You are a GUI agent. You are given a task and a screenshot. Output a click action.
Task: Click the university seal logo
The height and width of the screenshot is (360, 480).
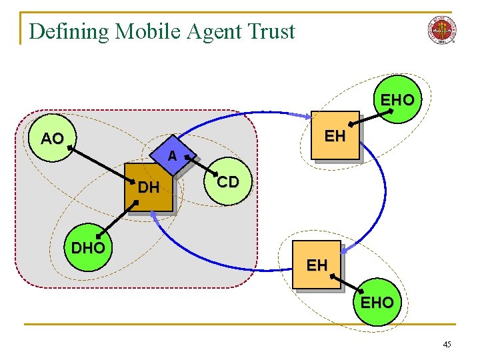[x=441, y=31]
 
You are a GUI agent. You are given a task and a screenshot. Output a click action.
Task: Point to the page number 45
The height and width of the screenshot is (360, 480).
[x=446, y=344]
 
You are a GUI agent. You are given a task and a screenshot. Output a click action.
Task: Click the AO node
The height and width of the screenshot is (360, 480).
[x=52, y=139]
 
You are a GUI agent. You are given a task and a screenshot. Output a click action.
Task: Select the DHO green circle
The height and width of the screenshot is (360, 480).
[x=88, y=248]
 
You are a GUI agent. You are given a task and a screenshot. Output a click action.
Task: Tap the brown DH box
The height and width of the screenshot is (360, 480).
[x=149, y=187]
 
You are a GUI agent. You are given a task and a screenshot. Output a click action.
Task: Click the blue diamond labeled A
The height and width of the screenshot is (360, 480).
[x=171, y=157]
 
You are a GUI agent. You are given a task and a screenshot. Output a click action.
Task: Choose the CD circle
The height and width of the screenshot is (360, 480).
[x=227, y=181]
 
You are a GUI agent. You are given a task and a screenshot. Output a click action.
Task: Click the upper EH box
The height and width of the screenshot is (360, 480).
[x=335, y=137]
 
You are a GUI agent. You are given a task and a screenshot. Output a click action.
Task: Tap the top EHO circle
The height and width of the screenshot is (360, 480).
[x=397, y=100]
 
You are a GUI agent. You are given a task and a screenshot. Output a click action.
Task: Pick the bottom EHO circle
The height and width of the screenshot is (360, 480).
[x=377, y=302]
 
